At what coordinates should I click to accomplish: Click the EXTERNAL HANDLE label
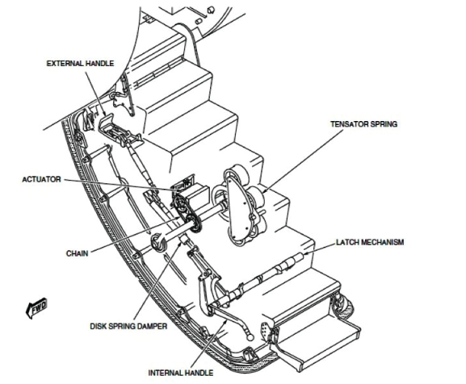point(80,64)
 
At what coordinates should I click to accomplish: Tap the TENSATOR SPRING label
point(364,123)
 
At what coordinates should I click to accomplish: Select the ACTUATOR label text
point(42,179)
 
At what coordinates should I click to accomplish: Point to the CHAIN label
point(78,253)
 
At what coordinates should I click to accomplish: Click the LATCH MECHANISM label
point(370,242)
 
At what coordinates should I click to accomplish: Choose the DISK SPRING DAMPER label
point(128,326)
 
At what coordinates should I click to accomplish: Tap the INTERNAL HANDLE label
point(181,373)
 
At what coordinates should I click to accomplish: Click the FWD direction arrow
point(36,307)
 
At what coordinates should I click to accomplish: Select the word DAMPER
point(153,326)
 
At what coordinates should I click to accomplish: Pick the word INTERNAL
point(165,373)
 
